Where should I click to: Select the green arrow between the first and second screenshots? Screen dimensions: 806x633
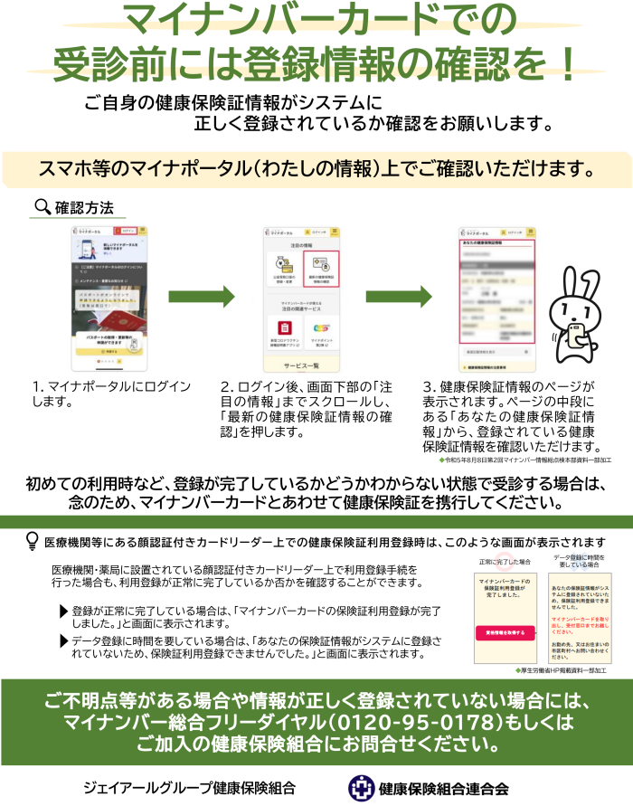tap(201, 298)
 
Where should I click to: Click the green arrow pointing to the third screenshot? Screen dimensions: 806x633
tap(399, 298)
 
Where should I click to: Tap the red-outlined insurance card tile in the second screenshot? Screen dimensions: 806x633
tap(320, 269)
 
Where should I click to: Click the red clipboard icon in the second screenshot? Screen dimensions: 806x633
tap(284, 327)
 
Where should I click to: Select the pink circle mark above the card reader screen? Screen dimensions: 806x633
tap(504, 560)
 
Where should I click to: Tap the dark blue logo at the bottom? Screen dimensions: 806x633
tap(362, 788)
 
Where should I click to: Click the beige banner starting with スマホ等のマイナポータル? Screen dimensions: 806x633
tap(316, 169)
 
